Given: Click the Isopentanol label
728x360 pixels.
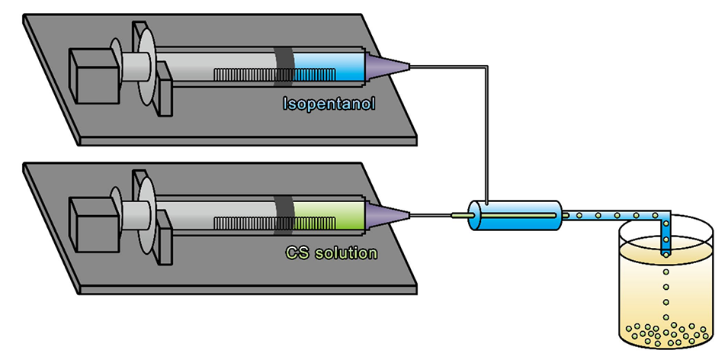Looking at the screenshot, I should click(x=332, y=102).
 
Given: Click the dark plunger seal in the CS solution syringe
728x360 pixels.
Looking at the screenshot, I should click(x=283, y=214).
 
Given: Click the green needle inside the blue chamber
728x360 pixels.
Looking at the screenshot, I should click(x=503, y=216).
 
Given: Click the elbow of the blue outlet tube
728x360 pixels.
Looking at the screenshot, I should click(x=665, y=216).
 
